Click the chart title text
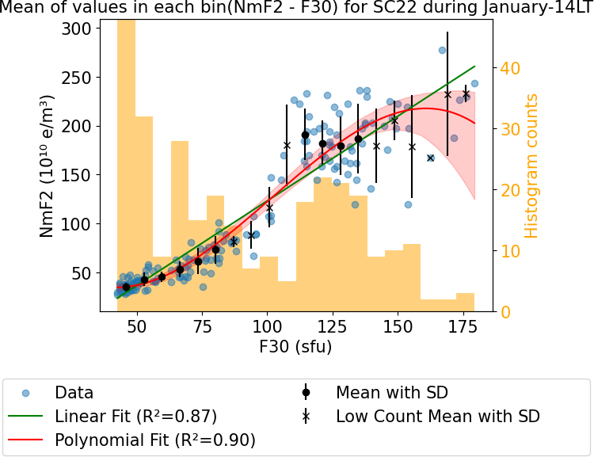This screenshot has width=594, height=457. (296, 9)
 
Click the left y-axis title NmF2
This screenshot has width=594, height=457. (48, 166)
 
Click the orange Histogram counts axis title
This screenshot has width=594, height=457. (531, 166)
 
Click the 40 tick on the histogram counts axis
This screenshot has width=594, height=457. (512, 68)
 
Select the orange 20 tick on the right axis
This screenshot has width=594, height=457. (512, 190)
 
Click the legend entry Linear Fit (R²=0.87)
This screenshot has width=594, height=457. (135, 416)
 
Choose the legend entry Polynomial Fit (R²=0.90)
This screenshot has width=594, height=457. (154, 440)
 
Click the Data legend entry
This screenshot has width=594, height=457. (74, 393)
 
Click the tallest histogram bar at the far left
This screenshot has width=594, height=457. (126, 158)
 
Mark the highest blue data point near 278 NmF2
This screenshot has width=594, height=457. (442, 50)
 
